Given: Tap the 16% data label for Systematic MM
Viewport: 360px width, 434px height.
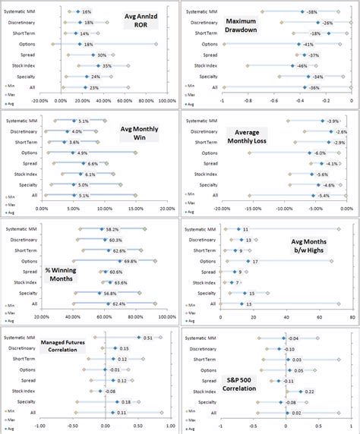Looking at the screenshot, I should (86, 12).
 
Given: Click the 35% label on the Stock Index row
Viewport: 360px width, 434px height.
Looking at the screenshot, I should (107, 66).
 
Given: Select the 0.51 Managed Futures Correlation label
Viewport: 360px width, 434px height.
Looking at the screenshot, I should (147, 338).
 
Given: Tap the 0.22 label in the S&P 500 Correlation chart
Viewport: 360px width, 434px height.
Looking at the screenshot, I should (310, 392).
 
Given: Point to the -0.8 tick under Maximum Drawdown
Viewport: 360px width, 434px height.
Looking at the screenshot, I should (248, 99).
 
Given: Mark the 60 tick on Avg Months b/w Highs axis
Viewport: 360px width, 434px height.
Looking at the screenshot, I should (330, 317).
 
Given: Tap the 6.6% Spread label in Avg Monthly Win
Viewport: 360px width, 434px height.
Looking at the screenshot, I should (93, 164).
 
